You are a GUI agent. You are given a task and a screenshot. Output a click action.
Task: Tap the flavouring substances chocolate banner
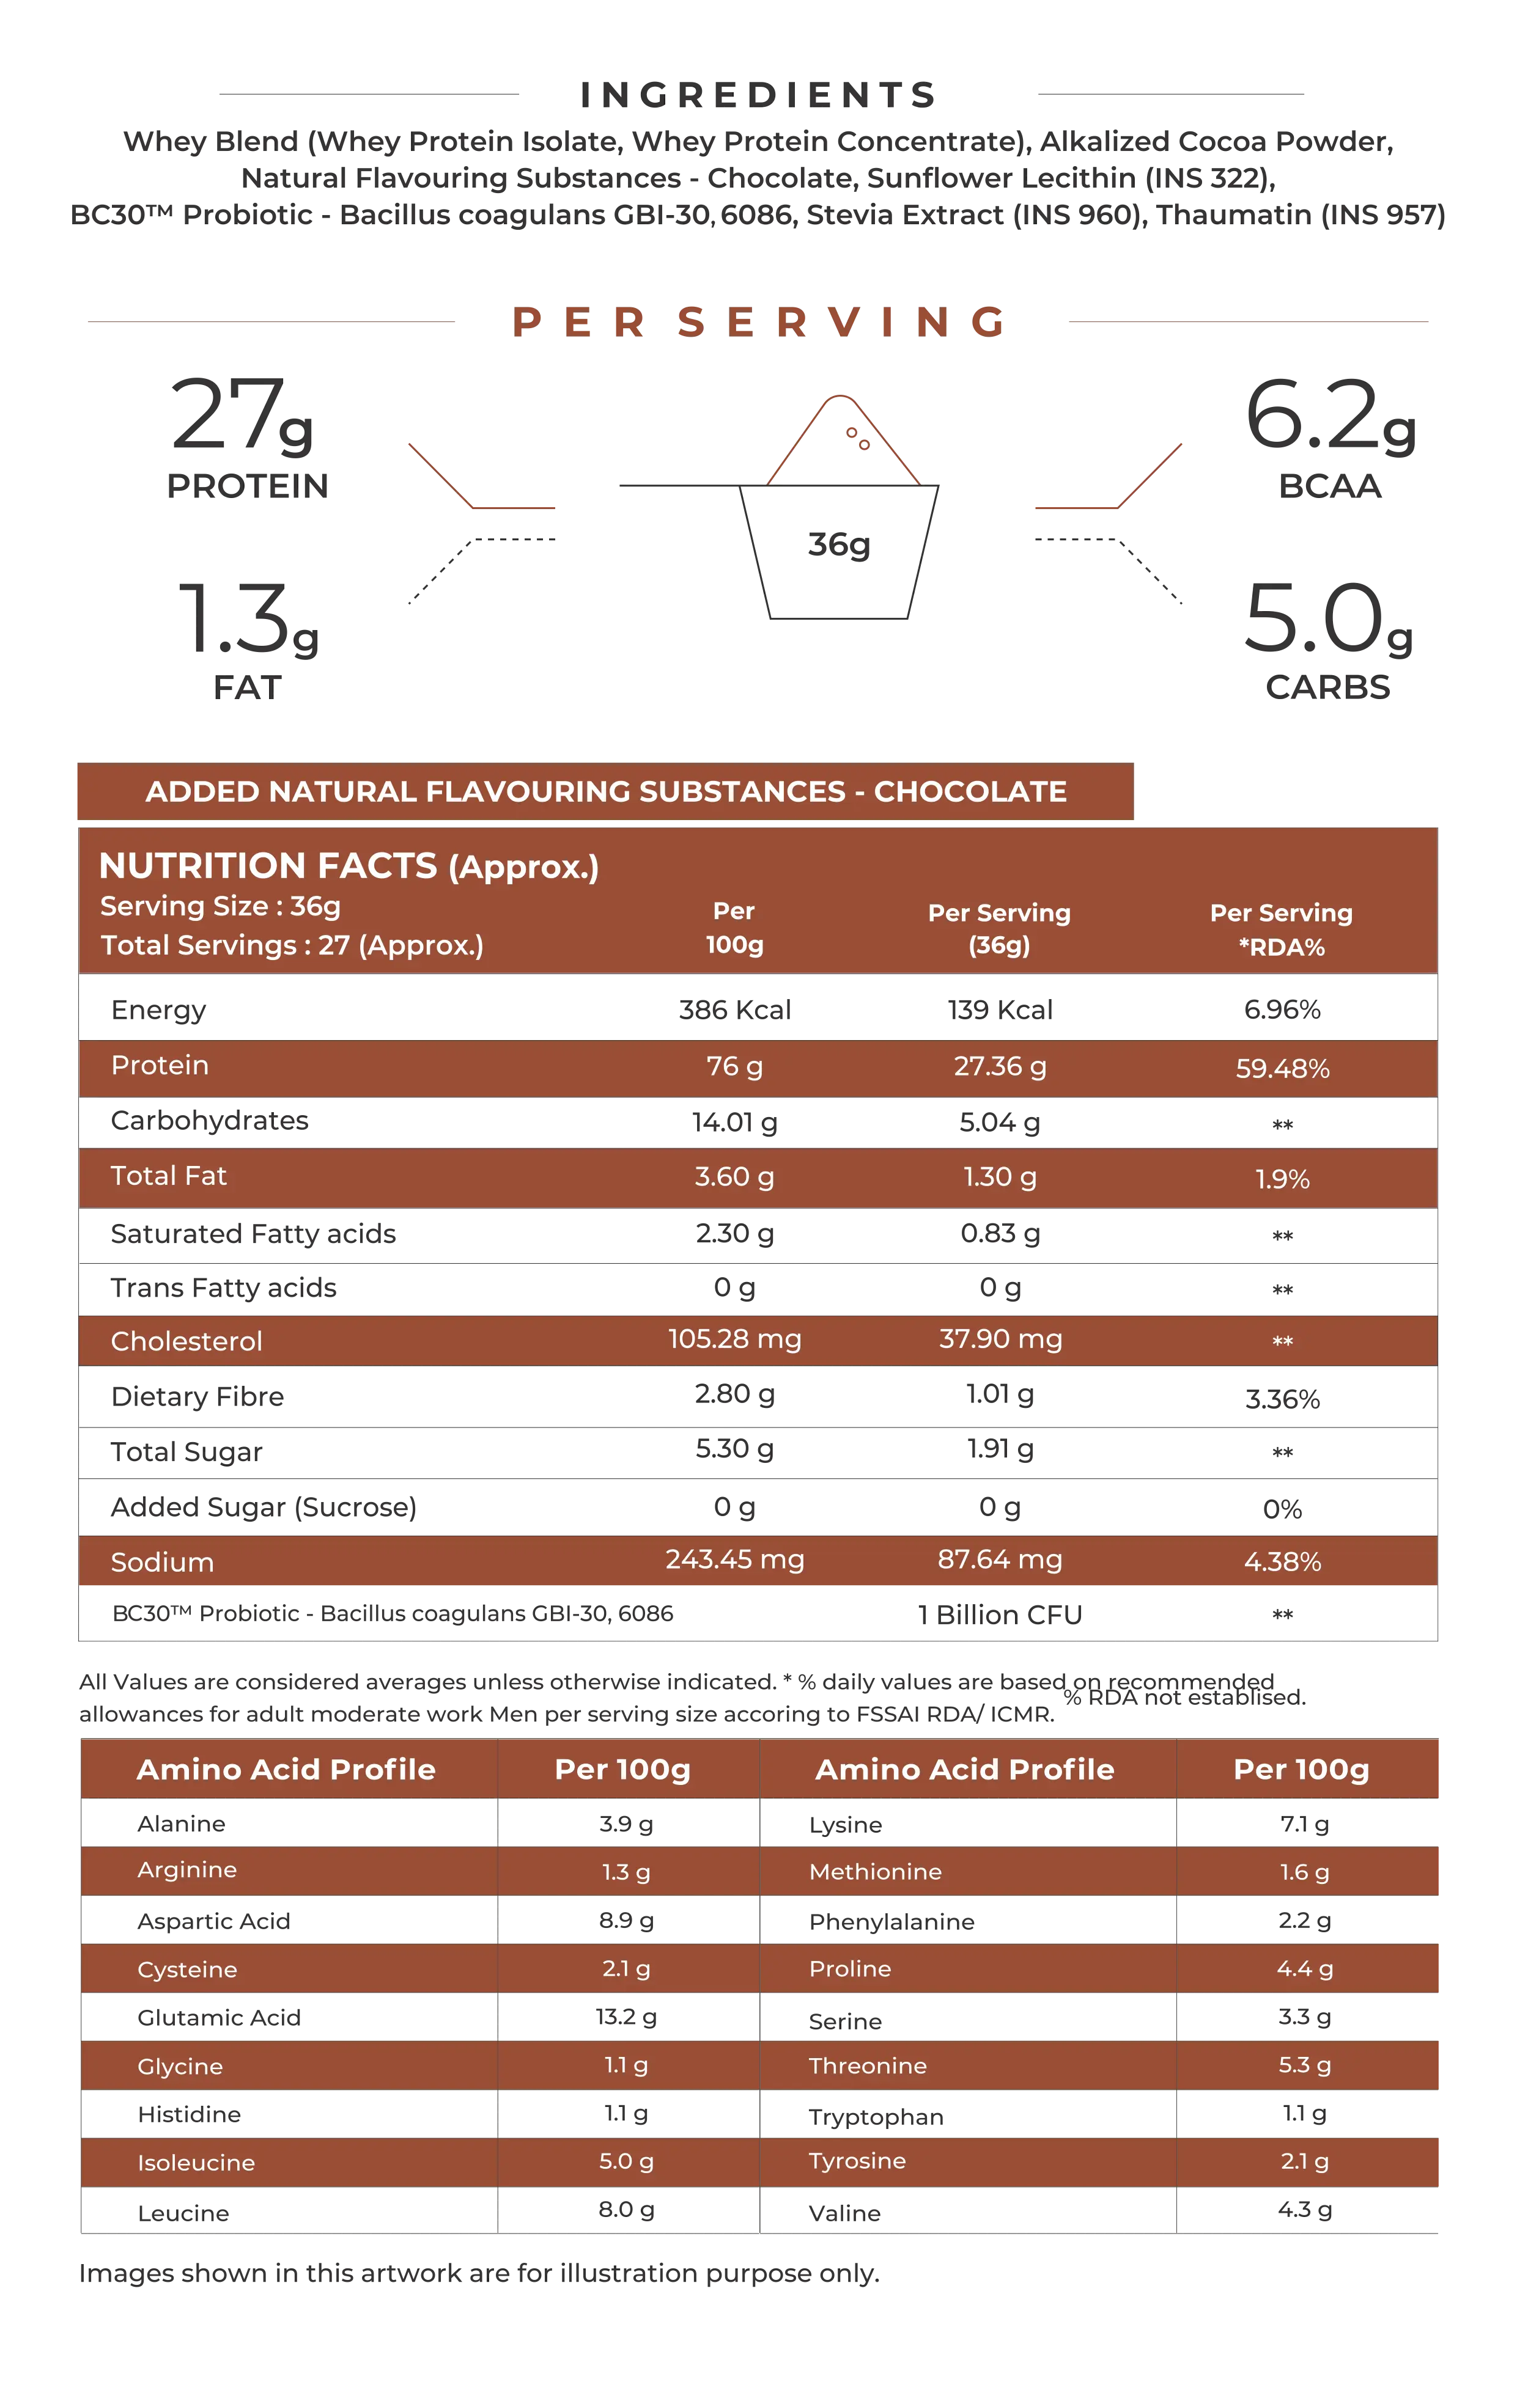pos(605,791)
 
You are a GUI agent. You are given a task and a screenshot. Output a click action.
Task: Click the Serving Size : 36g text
pos(221,906)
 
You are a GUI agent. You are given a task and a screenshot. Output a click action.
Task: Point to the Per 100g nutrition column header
pos(734,927)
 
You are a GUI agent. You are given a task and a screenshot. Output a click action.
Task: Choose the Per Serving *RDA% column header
pos(1282,930)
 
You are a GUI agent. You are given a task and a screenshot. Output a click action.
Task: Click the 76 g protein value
pos(734,1066)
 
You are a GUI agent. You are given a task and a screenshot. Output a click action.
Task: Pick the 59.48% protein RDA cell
pos(1282,1068)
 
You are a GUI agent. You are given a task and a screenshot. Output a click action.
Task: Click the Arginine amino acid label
pos(187,1869)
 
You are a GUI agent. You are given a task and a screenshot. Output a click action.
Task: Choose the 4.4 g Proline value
pos(1304,1968)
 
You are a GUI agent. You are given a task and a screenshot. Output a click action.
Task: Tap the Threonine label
pos(867,2065)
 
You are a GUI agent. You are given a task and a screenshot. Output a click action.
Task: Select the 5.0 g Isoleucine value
pos(626,2160)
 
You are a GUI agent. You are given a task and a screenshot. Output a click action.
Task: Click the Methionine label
pos(875,1872)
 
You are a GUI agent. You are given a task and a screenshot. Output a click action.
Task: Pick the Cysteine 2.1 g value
pos(626,1968)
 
